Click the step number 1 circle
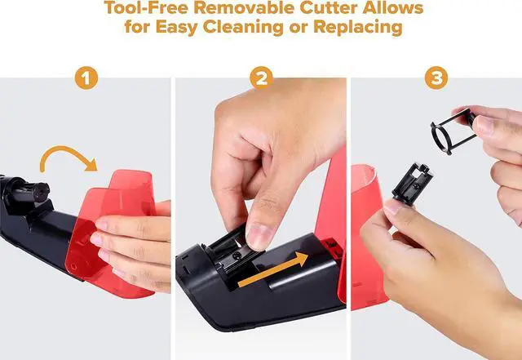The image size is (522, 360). [86, 78]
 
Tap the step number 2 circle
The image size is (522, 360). [261, 78]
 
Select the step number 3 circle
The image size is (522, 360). [436, 78]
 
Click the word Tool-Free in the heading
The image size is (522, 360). [145, 7]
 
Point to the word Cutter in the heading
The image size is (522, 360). [328, 7]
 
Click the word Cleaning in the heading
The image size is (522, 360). [243, 27]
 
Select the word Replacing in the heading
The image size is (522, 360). [358, 27]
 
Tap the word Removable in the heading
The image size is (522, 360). [243, 7]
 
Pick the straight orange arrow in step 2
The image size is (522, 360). [273, 269]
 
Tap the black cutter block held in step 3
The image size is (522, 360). [413, 182]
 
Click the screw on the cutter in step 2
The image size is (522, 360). [237, 255]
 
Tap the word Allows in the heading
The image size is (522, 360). [393, 7]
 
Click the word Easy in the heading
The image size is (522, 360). [176, 27]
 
